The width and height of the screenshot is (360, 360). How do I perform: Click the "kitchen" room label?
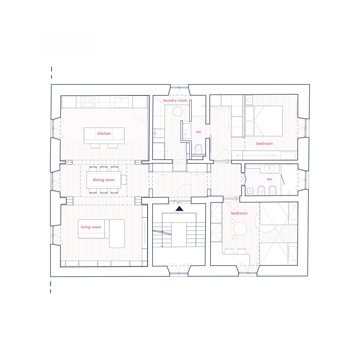104,134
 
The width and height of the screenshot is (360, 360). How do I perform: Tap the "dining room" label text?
104,180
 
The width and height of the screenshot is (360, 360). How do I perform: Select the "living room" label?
91,227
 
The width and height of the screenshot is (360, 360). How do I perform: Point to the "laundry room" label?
175,100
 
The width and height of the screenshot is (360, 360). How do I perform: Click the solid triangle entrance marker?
179,208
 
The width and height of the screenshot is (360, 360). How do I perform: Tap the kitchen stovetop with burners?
87,102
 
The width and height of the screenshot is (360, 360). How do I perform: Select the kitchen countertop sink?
121,102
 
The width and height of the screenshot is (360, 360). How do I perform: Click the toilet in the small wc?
198,149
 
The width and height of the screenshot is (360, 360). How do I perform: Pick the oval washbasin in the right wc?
270,168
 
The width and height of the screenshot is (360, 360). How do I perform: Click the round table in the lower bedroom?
240,229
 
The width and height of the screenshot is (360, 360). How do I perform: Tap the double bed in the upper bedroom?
264,121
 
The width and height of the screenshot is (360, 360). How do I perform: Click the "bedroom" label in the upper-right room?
265,144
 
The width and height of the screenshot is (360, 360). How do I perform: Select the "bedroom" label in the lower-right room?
239,213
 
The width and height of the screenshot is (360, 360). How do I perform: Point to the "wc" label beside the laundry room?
198,132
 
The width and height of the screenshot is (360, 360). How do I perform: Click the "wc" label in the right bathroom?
270,179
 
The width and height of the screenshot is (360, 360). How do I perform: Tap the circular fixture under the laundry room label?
177,112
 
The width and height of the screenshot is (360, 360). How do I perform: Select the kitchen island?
104,136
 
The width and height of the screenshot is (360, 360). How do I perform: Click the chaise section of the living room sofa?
117,234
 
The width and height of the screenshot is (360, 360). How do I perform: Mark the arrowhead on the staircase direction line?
162,246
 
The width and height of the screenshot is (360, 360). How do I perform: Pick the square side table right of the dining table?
124,180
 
